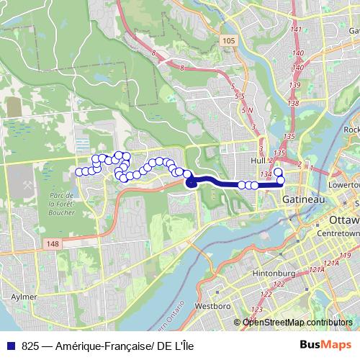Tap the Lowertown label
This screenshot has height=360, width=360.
343,184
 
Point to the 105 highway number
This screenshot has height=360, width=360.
229,41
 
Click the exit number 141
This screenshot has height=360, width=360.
294,30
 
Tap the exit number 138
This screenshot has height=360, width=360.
292,104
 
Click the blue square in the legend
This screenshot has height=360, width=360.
10,343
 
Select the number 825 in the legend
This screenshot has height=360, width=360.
30,343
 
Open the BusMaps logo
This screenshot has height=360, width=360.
327,343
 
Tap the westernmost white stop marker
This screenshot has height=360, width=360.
78,171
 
